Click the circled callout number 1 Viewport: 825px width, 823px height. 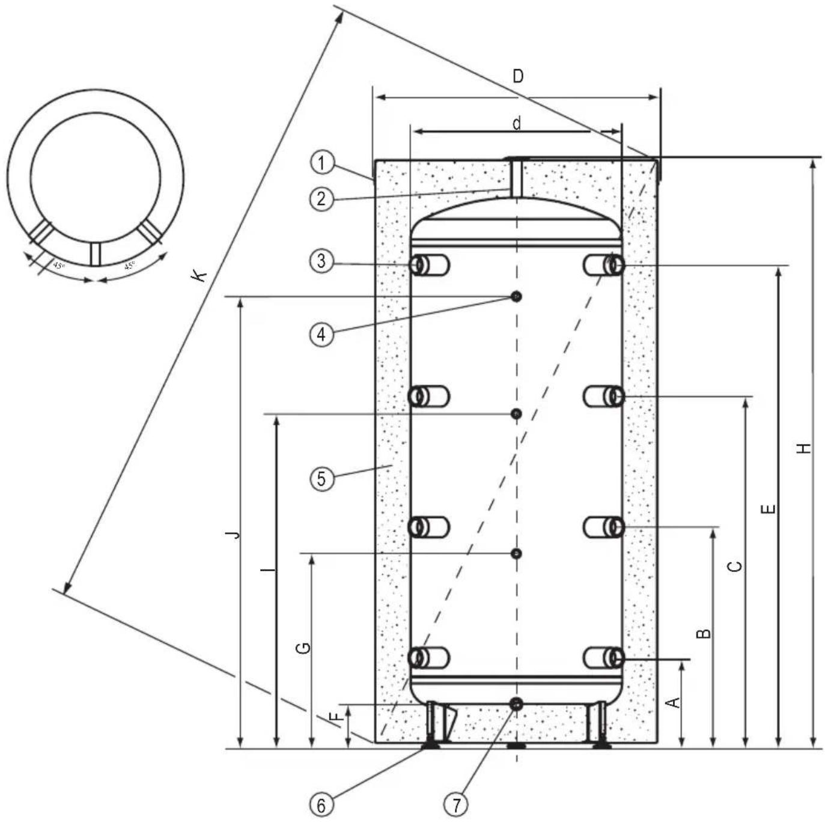tap(321, 163)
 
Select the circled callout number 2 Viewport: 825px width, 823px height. tap(321, 198)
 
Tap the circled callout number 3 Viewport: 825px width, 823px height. tap(321, 261)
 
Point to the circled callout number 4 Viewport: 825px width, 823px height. tap(321, 333)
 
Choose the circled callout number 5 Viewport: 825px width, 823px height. tap(321, 479)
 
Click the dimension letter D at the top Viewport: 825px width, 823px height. tap(517, 77)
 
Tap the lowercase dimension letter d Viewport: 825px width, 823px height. tap(516, 123)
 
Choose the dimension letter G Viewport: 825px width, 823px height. tap(305, 648)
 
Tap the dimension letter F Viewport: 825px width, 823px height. tap(338, 716)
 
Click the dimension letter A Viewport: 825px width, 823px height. tap(674, 702)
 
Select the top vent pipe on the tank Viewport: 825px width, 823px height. tap(516, 177)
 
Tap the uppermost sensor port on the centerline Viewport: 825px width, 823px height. tap(516, 296)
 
